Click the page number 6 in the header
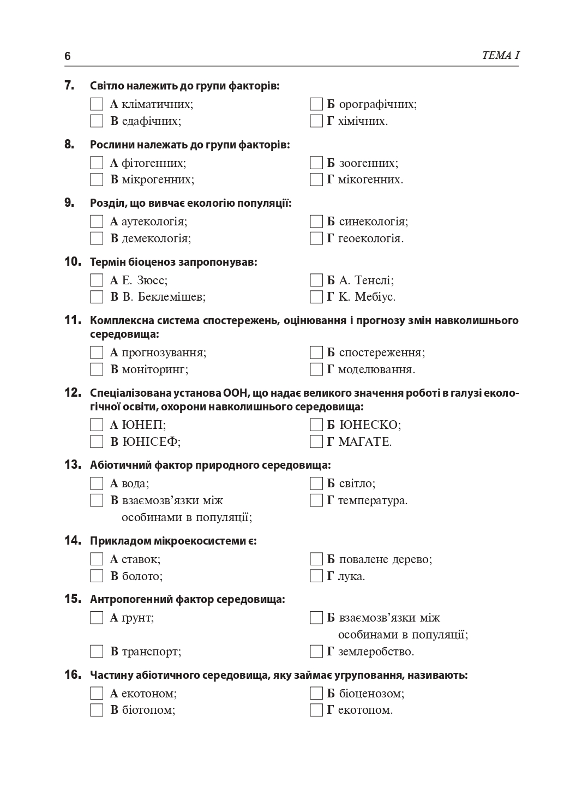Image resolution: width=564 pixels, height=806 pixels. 68,56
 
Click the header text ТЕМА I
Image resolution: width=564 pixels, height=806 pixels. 500,56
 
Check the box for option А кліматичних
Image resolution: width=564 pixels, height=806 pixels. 97,104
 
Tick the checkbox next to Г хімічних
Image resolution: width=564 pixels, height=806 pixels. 316,121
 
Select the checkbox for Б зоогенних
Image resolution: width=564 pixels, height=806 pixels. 316,163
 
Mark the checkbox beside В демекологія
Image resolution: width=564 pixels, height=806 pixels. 97,238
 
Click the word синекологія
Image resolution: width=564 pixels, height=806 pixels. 373,222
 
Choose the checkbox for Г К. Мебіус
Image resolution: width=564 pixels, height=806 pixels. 316,297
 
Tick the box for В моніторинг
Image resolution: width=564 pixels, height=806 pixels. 97,369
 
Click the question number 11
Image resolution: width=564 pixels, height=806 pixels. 73,320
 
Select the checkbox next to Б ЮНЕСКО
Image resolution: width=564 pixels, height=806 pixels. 316,425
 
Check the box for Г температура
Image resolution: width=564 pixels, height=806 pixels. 316,500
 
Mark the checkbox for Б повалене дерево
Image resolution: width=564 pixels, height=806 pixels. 316,559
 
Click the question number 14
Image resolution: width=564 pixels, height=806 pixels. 73,541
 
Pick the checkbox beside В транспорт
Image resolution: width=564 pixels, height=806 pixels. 97,652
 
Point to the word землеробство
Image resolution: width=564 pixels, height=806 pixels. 376,652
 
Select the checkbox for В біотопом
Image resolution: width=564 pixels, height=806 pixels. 97,711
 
